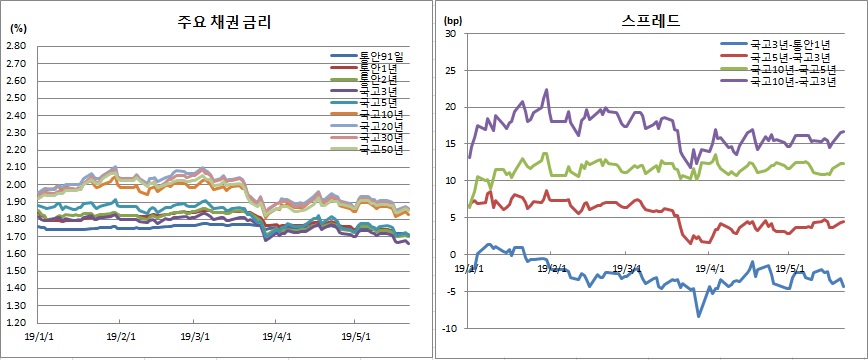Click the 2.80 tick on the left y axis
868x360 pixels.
point(17,46)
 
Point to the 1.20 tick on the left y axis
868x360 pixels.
point(17,323)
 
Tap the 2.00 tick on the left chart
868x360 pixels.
point(17,185)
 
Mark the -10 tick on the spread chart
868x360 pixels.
point(448,328)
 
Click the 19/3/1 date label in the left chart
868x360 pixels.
point(195,337)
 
